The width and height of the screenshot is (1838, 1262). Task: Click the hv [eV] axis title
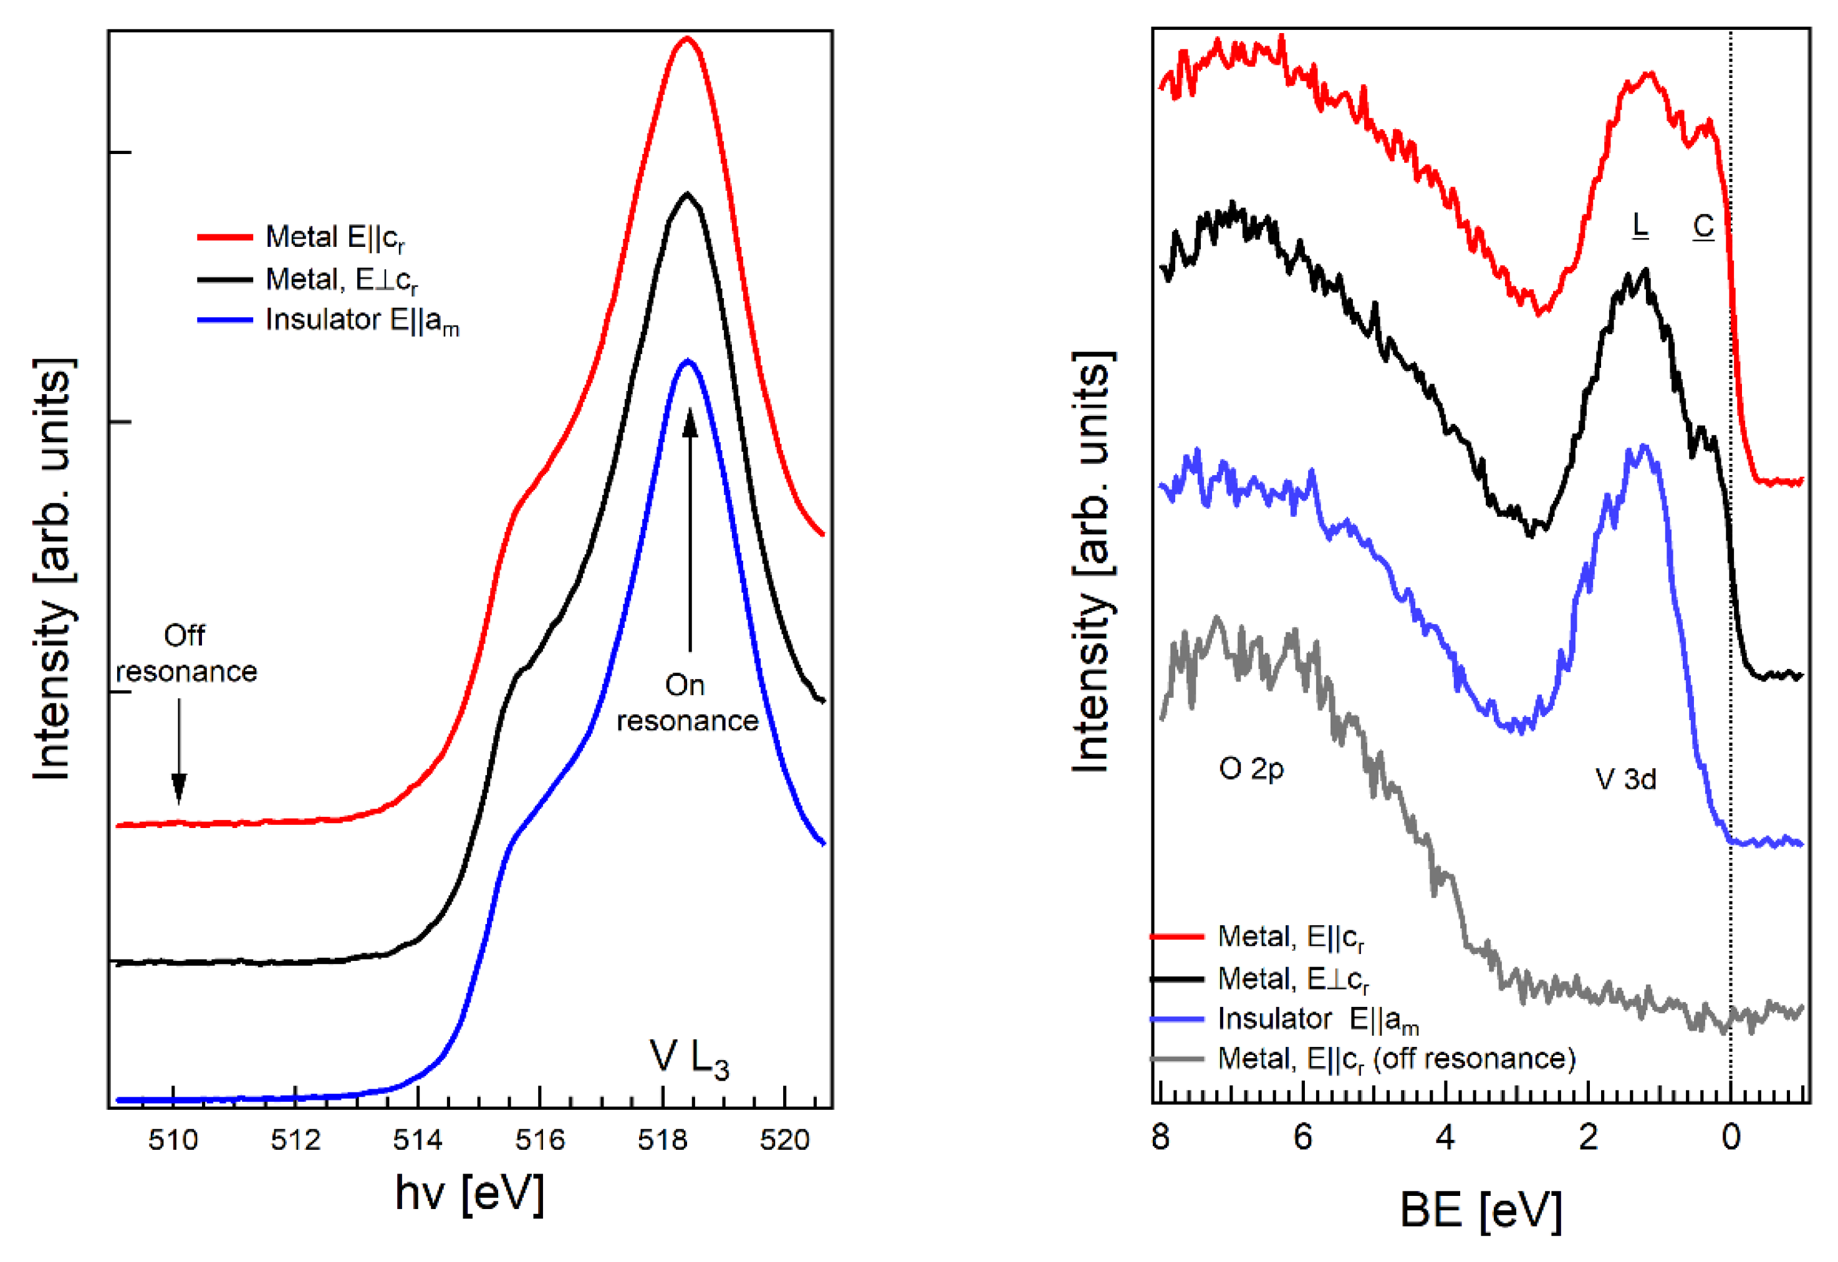pos(469,1194)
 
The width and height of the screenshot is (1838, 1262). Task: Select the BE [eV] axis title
pos(1481,1210)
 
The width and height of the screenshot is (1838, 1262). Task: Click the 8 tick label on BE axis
pos(1160,1137)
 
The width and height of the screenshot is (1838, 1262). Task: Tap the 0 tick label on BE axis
pos(1731,1137)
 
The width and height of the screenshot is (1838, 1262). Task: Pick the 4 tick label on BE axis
pos(1446,1137)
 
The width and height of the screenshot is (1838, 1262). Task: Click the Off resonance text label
pos(186,653)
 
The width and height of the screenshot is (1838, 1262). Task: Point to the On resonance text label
pos(686,703)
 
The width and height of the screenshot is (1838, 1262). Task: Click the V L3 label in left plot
pos(688,1058)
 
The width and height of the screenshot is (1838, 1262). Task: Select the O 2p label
pos(1251,769)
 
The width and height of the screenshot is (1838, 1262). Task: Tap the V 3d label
pos(1625,779)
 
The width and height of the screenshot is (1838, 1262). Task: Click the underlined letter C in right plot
pos(1703,226)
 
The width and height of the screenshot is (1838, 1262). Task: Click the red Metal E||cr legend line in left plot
pos(224,236)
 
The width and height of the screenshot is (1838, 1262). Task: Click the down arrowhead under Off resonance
pos(179,789)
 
